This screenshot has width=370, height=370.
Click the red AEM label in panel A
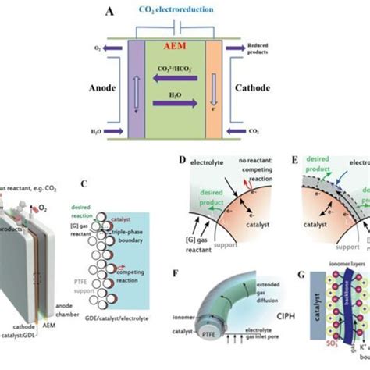185,45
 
